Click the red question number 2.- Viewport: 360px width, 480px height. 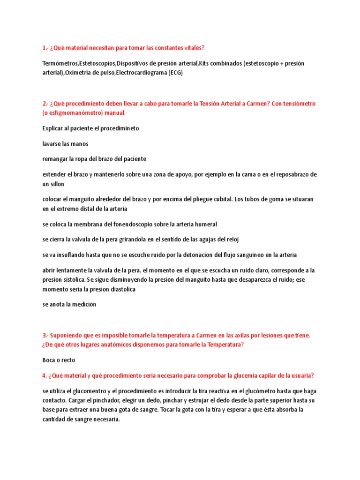[45, 103]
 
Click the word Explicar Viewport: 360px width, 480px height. [53, 128]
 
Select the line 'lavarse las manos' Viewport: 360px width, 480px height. [65, 143]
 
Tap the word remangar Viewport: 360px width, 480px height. [57, 159]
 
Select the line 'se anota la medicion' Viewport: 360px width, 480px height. [69, 305]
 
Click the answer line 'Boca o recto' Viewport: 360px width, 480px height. [59, 360]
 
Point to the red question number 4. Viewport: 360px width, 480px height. [45, 376]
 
